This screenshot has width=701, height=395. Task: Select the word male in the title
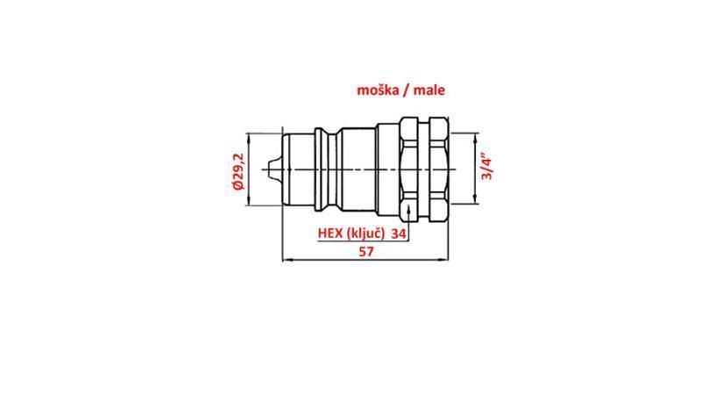435,90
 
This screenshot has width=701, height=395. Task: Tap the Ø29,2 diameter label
236,170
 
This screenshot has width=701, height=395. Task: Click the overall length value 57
365,251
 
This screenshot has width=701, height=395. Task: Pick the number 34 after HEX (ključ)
399,233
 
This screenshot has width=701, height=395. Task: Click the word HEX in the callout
329,233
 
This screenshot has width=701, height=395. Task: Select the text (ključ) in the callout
365,233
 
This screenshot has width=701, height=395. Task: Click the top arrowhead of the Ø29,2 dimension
251,136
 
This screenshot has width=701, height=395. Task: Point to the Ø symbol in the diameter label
236,187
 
